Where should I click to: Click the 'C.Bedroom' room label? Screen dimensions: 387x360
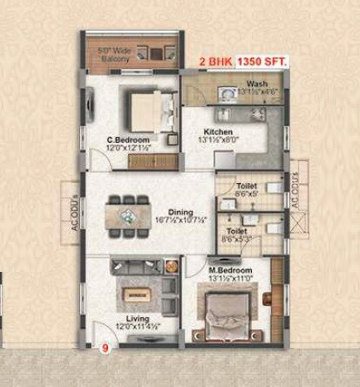pyautogui.click(x=128, y=139)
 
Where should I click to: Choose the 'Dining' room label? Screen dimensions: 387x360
pyautogui.click(x=180, y=211)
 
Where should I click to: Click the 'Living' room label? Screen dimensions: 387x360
pyautogui.click(x=137, y=318)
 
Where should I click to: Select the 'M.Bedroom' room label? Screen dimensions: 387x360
pyautogui.click(x=230, y=271)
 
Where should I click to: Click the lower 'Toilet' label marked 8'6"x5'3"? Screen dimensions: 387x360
pyautogui.click(x=235, y=231)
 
